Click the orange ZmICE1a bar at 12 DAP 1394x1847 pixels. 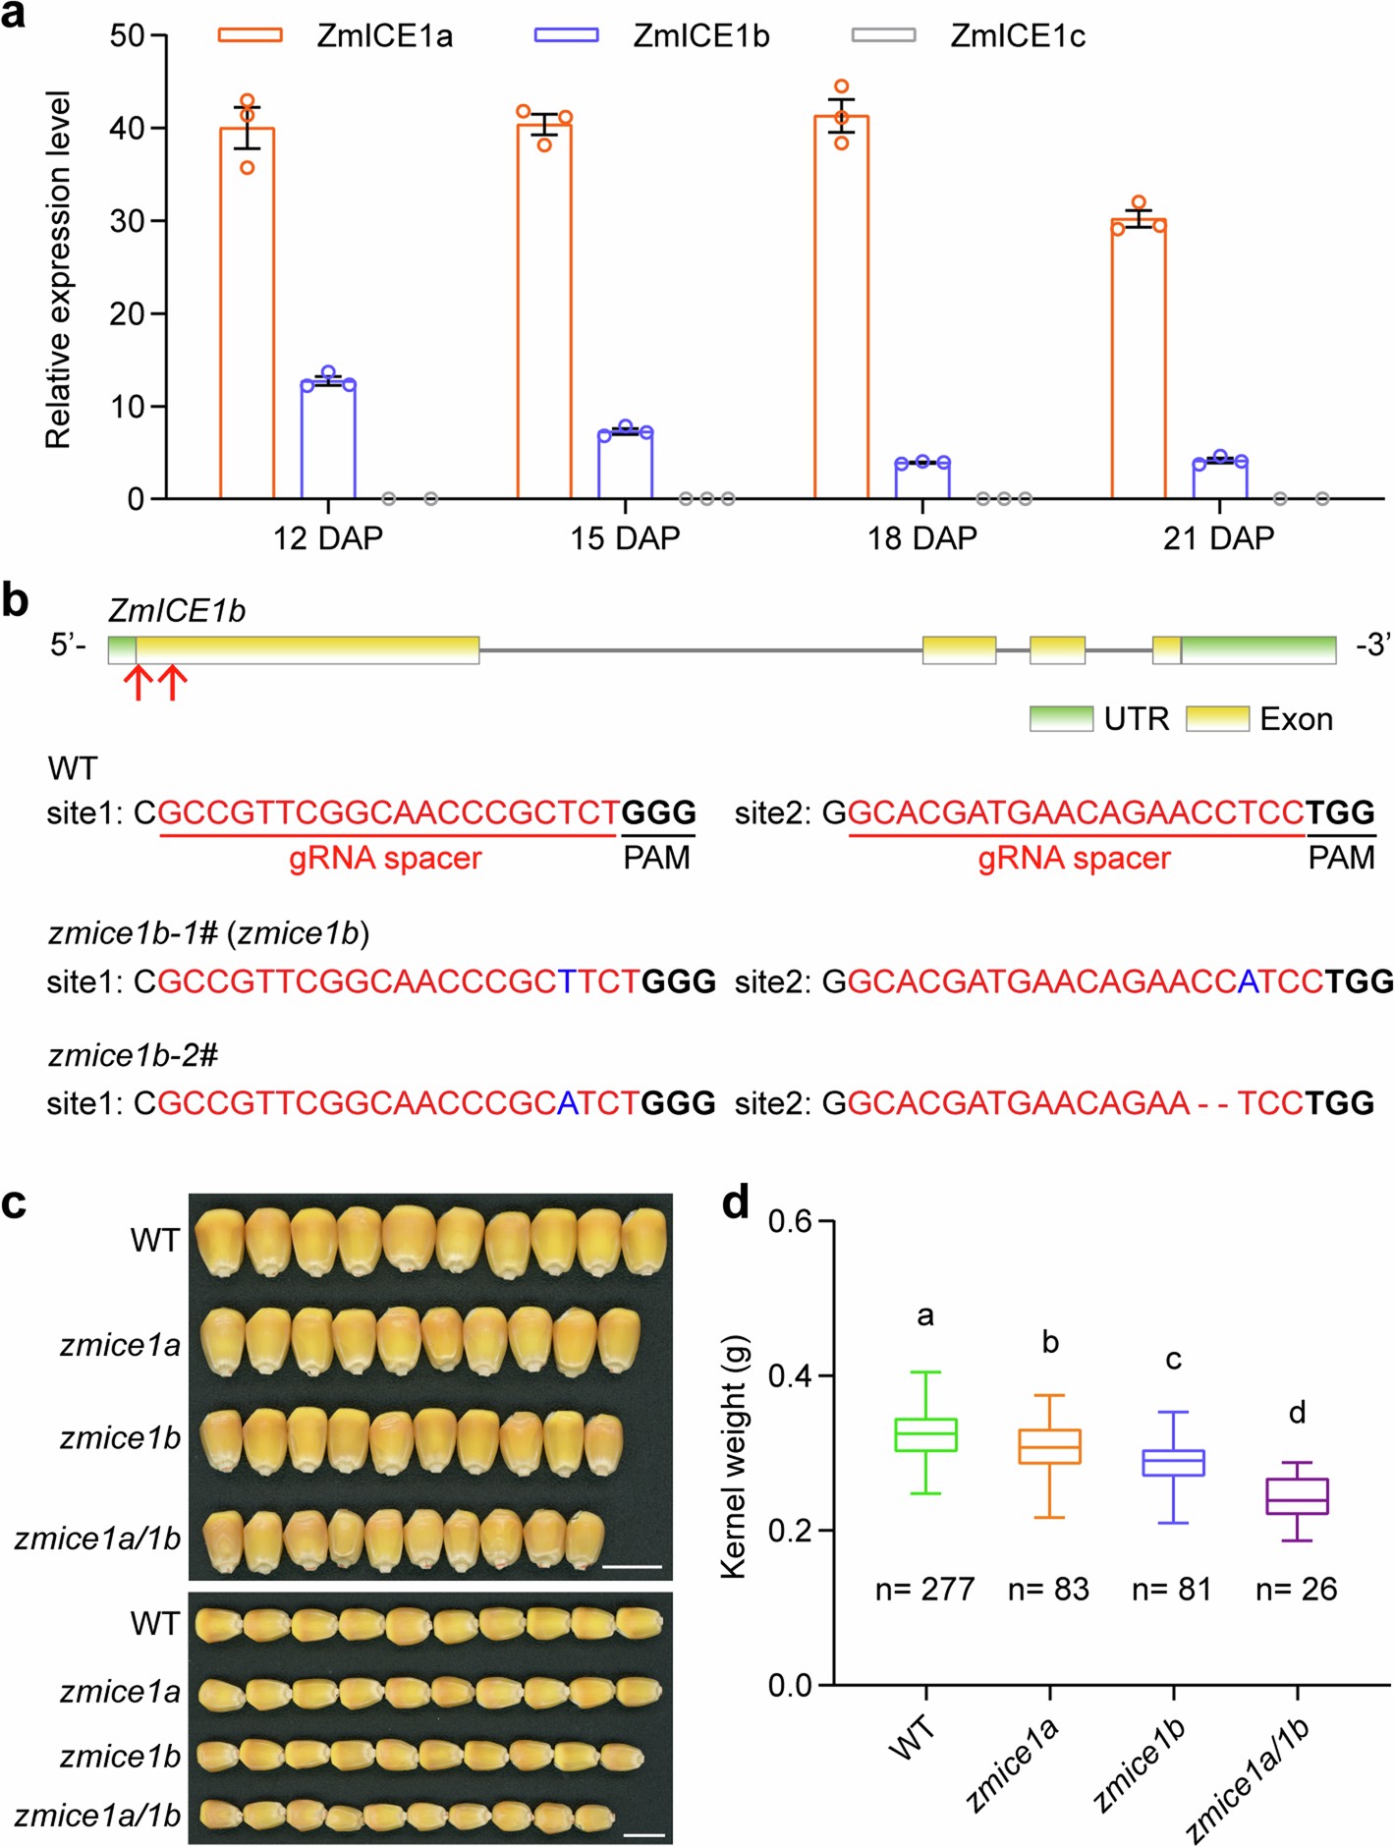tap(247, 314)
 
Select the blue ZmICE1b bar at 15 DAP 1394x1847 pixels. tap(625, 465)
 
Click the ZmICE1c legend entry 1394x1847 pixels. tap(1017, 36)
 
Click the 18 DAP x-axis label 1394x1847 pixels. tap(921, 538)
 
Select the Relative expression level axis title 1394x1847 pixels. tap(59, 270)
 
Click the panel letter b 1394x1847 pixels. tap(15, 600)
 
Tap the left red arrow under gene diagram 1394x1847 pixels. tap(138, 682)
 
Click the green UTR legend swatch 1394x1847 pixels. tap(1061, 718)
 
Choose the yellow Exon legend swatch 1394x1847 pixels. tap(1217, 718)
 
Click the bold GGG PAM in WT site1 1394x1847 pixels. tap(658, 812)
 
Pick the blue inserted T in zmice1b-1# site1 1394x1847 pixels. tap(568, 981)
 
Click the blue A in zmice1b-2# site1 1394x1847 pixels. tap(568, 1103)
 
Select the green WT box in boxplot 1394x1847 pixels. tap(926, 1434)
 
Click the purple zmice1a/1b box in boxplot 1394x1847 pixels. tap(1297, 1496)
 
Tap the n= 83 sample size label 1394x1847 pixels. tap(1048, 1589)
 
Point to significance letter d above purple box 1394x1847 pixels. tap(1297, 1413)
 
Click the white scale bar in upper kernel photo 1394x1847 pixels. tap(632, 1566)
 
